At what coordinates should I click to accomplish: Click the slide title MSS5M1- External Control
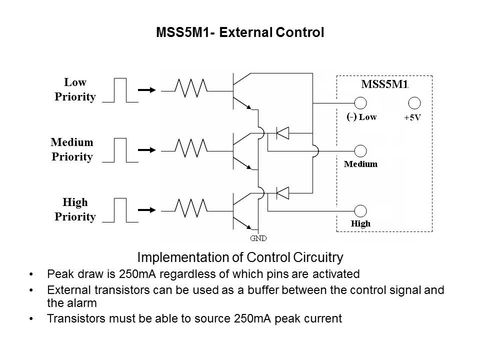[x=240, y=33]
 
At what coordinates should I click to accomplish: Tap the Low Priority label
[x=75, y=89]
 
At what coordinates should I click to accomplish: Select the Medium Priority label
[x=72, y=149]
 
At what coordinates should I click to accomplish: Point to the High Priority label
[x=75, y=209]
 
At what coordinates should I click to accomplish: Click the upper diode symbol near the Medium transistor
[x=283, y=132]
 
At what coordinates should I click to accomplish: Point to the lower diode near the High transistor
[x=283, y=192]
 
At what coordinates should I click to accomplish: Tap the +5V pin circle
[x=414, y=103]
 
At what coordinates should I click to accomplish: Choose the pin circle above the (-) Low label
[x=361, y=103]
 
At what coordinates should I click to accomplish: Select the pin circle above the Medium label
[x=361, y=151]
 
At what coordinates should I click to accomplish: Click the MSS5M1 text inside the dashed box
[x=384, y=84]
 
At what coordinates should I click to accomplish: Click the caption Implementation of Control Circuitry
[x=240, y=258]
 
